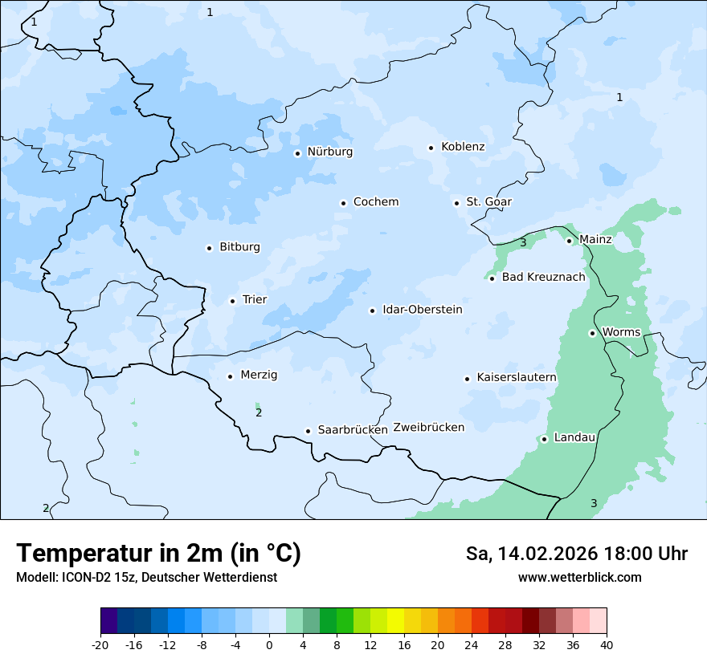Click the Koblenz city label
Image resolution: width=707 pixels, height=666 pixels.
click(x=463, y=147)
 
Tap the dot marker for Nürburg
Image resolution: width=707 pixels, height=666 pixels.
click(x=297, y=153)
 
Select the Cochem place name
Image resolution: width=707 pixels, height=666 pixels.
click(x=376, y=202)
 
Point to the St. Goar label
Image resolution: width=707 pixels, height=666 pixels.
click(x=488, y=202)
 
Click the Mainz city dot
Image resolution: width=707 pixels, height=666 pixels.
click(x=569, y=241)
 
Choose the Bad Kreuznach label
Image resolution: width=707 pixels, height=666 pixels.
click(x=543, y=278)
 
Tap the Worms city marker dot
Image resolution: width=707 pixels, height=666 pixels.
click(x=592, y=333)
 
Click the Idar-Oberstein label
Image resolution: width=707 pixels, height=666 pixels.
click(x=423, y=310)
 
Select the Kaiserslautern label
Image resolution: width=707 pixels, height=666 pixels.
click(x=517, y=378)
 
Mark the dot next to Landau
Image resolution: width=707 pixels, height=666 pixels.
click(x=544, y=439)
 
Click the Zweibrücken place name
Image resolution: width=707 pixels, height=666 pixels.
click(x=428, y=428)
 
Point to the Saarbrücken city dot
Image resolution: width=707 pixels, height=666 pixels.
click(x=308, y=431)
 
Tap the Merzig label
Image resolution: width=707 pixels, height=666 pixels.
click(x=259, y=376)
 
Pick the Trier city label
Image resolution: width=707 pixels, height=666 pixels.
click(x=255, y=300)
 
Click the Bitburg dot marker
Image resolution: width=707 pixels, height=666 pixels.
click(x=209, y=248)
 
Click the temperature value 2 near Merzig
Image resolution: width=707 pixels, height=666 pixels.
click(x=259, y=413)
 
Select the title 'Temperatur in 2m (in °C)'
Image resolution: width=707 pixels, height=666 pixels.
click(x=159, y=554)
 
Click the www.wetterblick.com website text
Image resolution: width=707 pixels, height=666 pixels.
click(x=579, y=578)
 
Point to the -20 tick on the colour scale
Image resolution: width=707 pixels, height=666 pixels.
click(x=100, y=645)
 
